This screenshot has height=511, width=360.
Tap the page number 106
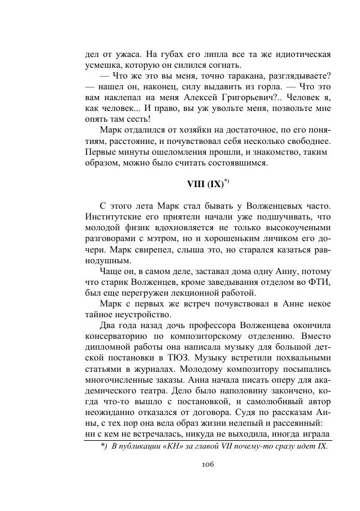[208, 464]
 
